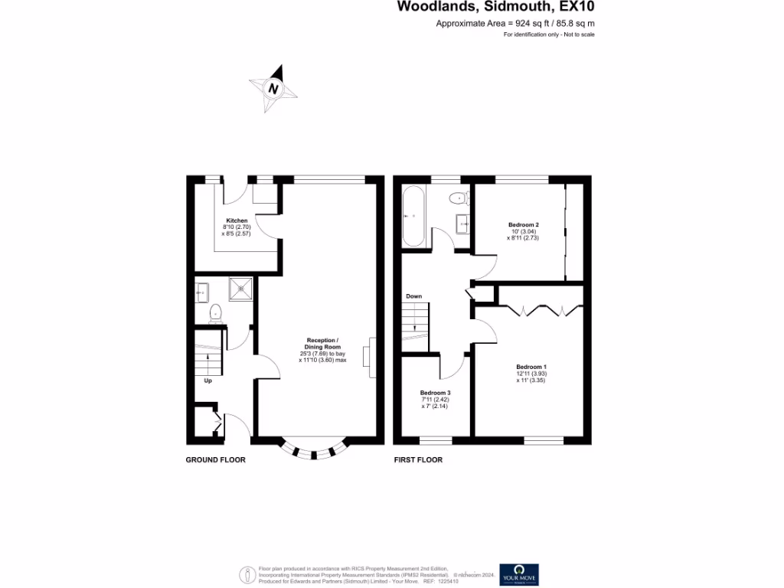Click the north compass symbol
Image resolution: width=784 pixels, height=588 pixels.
coord(273,90)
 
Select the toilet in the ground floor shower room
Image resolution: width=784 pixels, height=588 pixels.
coord(216,312)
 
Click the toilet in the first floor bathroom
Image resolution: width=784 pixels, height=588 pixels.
coord(459,198)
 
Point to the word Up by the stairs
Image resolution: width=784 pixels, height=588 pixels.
coord(207,380)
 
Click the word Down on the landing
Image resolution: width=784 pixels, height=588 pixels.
coord(413,296)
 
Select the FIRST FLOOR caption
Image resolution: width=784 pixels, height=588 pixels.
coord(418,460)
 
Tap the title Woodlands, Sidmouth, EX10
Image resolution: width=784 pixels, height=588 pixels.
coord(495,7)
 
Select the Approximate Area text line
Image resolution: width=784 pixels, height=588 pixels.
coord(515,24)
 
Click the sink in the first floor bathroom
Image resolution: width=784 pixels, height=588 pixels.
coord(463,224)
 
